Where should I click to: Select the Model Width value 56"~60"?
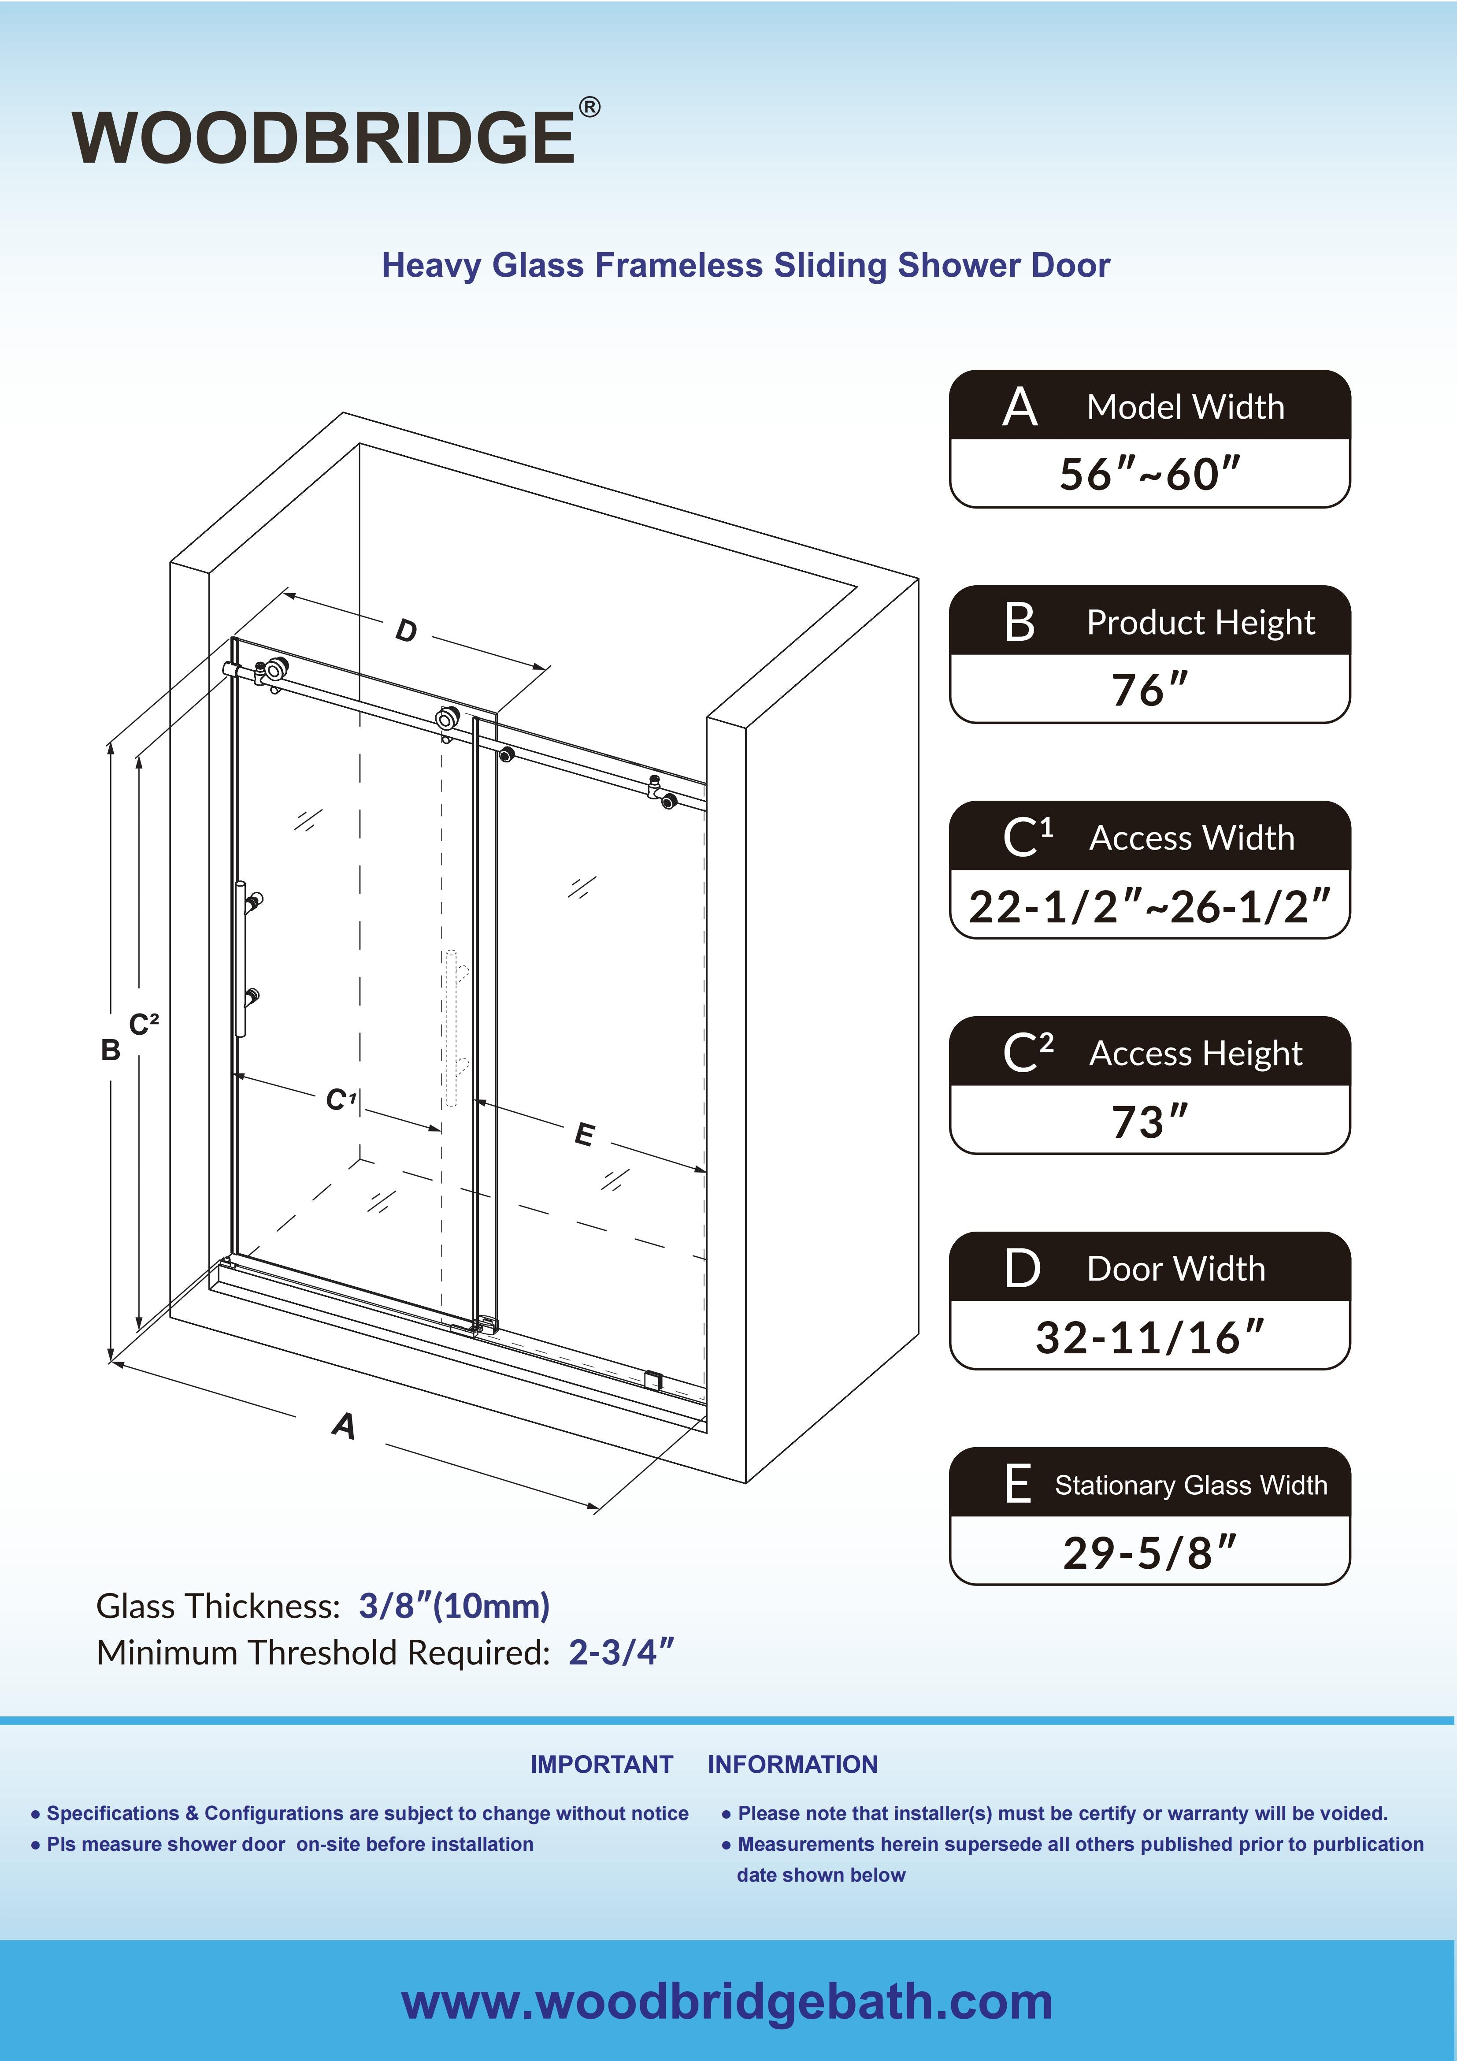pyautogui.click(x=1149, y=474)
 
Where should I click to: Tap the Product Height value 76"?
pyautogui.click(x=1149, y=689)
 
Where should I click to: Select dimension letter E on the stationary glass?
pyautogui.click(x=583, y=1135)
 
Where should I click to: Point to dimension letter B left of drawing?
pyautogui.click(x=111, y=1049)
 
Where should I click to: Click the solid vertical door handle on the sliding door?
pyautogui.click(x=241, y=959)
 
